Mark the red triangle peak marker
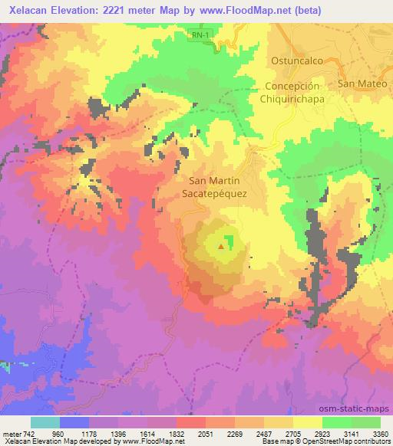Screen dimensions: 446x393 (x=222, y=247)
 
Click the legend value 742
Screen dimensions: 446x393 (x=28, y=433)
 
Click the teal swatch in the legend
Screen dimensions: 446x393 (x=45, y=422)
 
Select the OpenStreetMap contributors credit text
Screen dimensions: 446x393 (x=345, y=441)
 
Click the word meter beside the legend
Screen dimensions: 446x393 (x=11, y=433)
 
